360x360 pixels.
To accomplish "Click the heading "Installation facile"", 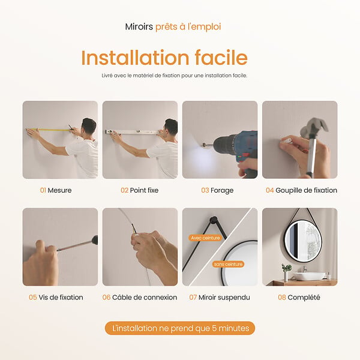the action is point(164,58).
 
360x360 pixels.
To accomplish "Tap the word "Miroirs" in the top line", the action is point(139,26).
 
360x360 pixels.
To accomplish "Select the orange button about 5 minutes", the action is point(180,328).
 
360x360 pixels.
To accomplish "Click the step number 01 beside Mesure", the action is point(43,190).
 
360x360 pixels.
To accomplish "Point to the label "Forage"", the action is point(222,191).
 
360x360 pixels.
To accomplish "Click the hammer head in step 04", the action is point(314,127).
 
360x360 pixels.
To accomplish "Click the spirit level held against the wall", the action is point(133,132).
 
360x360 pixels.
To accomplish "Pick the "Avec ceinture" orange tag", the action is point(205,238).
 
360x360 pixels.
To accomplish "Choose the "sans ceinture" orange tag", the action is point(228,264).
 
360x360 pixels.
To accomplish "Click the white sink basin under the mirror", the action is point(310,275).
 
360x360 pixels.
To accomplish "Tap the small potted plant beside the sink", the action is point(287,272).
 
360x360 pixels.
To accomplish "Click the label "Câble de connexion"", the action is point(145,298).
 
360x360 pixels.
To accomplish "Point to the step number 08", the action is point(282,298).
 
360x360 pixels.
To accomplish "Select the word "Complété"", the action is point(304,298).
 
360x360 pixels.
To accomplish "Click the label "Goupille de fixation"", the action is point(306,190).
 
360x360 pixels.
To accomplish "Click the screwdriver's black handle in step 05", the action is point(95,240).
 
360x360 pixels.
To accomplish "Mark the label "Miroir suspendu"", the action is point(224,298).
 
